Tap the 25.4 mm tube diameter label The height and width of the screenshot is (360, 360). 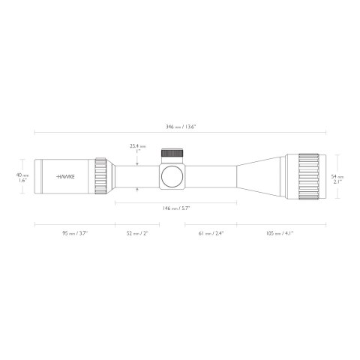pos(137,146)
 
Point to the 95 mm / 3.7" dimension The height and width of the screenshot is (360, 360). pos(75,233)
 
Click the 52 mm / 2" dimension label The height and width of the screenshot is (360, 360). pos(138,233)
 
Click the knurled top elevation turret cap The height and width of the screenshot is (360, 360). pos(171,154)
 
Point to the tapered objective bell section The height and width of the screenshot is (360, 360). pos(262,177)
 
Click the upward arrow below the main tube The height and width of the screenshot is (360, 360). pos(137,190)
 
